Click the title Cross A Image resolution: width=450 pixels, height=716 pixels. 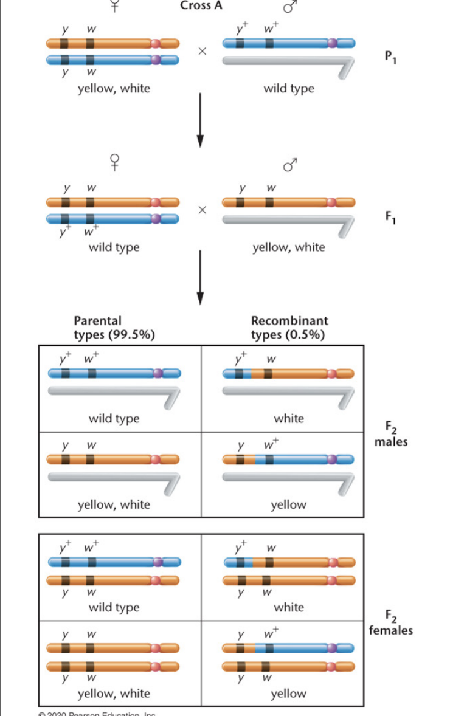[x=201, y=5]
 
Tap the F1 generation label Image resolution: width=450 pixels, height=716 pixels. [x=389, y=216]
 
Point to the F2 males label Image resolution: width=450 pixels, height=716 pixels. [x=391, y=436]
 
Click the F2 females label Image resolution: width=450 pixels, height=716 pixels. [x=391, y=624]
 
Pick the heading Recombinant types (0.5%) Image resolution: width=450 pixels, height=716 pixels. [x=289, y=328]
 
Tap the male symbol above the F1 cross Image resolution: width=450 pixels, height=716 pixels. [x=290, y=164]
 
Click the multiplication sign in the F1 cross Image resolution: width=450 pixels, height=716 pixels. [x=202, y=210]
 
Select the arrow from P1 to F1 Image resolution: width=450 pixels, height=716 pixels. [x=199, y=119]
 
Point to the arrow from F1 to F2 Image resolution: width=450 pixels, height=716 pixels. [x=199, y=277]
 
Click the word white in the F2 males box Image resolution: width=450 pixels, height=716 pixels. [x=289, y=418]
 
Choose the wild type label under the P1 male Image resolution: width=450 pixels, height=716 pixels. [x=289, y=89]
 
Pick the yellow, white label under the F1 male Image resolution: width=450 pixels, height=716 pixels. [x=289, y=247]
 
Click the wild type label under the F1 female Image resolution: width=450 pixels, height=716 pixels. [x=114, y=247]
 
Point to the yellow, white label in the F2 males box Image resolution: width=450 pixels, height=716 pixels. [x=114, y=504]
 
